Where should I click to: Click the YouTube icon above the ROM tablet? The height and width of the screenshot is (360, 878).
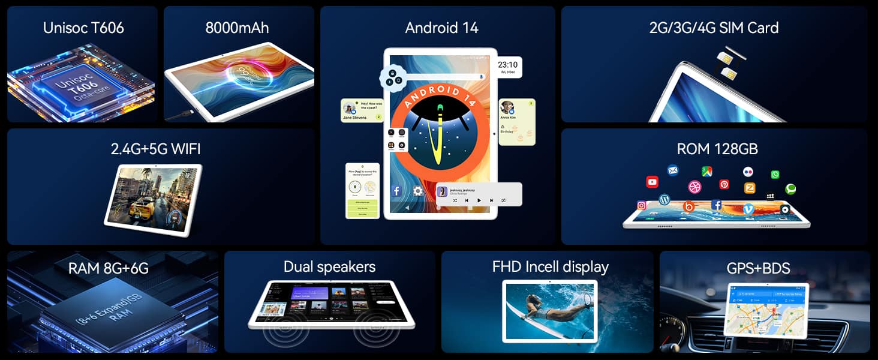[x=652, y=182]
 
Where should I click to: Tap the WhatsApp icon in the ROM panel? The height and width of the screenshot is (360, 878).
[x=775, y=175]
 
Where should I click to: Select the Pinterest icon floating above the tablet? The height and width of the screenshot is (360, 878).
[x=724, y=185]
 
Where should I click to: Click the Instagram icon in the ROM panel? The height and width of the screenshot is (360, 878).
[x=641, y=205]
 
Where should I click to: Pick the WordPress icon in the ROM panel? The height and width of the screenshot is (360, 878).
[x=664, y=199]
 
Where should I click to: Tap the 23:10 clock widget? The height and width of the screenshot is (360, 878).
[x=507, y=67]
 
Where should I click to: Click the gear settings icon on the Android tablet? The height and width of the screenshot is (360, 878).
[x=417, y=191]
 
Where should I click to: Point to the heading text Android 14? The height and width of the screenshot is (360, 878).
[x=441, y=28]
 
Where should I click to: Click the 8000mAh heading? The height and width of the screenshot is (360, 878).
[x=237, y=28]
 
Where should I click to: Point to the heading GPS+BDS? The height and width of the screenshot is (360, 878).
[x=758, y=268]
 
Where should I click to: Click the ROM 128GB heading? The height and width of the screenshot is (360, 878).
[x=717, y=149]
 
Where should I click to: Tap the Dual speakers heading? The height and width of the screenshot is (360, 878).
[x=329, y=266]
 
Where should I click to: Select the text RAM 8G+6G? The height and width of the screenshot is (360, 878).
[x=108, y=268]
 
